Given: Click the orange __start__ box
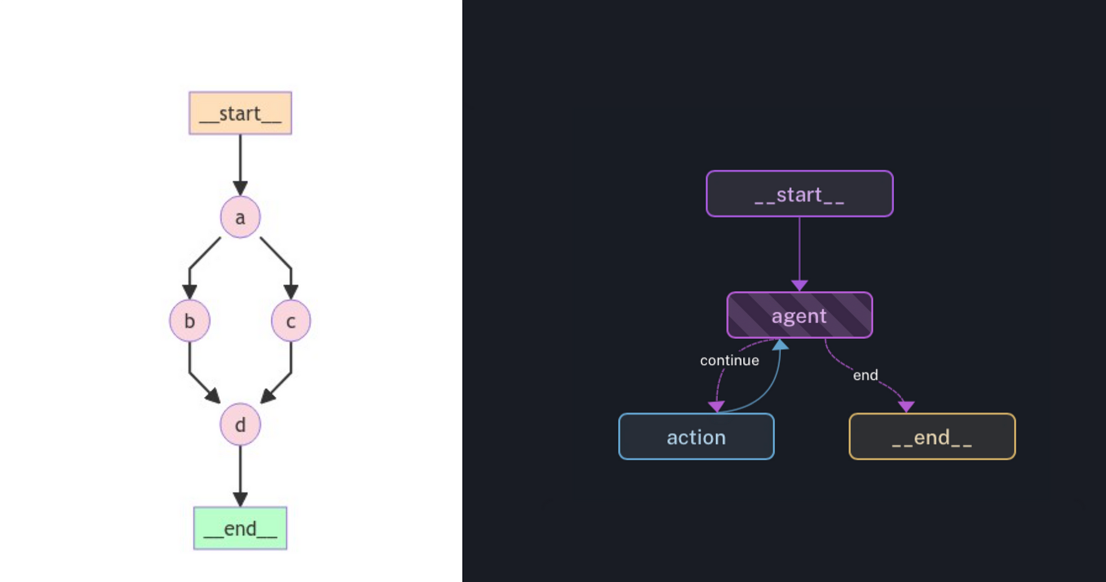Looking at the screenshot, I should (240, 113).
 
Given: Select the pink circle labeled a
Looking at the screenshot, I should (240, 217).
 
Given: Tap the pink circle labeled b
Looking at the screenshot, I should (190, 321).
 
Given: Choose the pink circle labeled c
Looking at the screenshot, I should (291, 321).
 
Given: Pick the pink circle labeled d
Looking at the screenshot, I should (240, 424).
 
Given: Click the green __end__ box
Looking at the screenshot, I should (240, 528).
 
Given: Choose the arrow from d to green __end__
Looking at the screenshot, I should (240, 475).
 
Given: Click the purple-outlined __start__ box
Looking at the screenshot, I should (799, 194).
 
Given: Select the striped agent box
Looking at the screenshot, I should (799, 315).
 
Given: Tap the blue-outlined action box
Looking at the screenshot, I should (696, 437).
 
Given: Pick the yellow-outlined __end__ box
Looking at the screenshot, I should (932, 437).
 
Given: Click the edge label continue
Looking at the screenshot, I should (729, 360).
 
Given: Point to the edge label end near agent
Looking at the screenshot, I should (865, 375).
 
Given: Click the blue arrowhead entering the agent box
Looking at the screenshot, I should (780, 345).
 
